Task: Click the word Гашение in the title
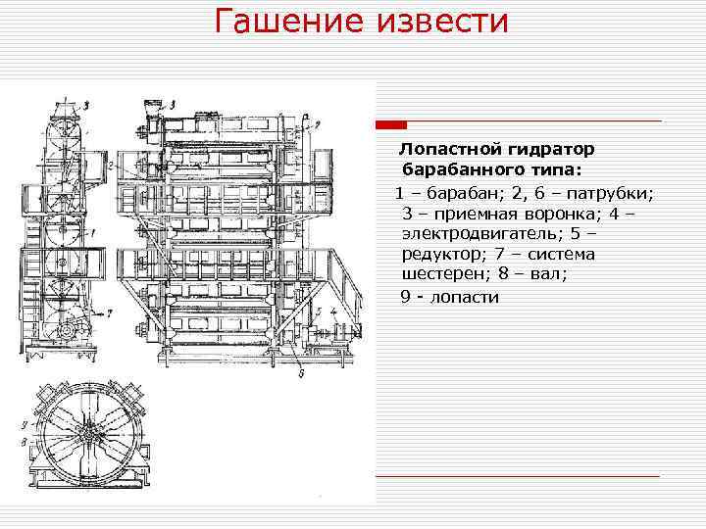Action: pos(284,22)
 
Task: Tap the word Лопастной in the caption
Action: pos(448,150)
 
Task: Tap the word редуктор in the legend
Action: pos(443,255)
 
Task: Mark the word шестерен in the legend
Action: pos(444,275)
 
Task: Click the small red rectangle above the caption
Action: pos(392,125)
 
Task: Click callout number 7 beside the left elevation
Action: pos(110,313)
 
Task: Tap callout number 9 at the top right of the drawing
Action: pos(318,123)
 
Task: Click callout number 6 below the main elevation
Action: pos(300,371)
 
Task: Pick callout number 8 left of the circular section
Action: pos(23,442)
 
